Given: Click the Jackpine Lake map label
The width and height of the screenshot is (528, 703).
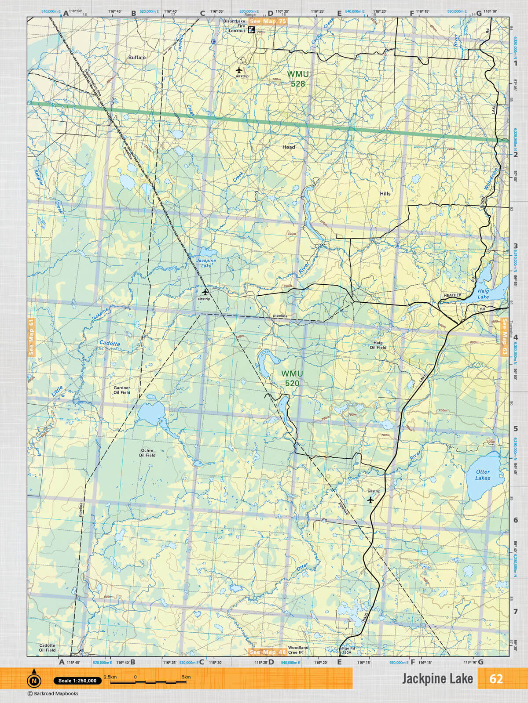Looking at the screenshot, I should (x=206, y=263).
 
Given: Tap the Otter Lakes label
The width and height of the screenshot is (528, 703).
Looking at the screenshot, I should (x=483, y=475).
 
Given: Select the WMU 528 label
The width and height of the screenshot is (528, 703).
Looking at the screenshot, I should (x=297, y=79).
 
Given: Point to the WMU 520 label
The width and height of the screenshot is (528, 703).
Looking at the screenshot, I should (x=292, y=378).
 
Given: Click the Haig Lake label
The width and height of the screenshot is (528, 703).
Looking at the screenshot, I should (x=483, y=294).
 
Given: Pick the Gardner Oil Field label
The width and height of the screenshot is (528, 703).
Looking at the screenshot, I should (x=122, y=390).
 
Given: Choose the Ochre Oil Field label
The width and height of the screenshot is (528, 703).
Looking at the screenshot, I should (x=147, y=453).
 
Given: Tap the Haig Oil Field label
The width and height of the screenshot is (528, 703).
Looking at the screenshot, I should (x=378, y=345).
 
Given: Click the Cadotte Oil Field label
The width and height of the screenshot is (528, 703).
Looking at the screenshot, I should (x=47, y=648).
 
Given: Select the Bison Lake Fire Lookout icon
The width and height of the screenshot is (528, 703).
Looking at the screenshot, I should (x=251, y=30).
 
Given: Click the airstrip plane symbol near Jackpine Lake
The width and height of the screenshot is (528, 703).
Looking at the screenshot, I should (x=205, y=291).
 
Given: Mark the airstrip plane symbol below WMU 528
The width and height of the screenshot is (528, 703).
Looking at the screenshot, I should (x=239, y=70).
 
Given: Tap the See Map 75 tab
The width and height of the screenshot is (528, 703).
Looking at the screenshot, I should (x=268, y=21).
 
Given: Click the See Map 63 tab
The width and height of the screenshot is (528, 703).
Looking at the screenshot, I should (x=504, y=337).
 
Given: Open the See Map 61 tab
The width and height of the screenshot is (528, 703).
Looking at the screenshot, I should (x=31, y=337).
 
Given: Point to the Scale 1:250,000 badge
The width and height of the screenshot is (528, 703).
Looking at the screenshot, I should (x=77, y=681).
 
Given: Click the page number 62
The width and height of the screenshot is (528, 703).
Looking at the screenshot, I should (x=496, y=679).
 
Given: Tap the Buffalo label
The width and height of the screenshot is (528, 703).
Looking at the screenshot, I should (x=137, y=58).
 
